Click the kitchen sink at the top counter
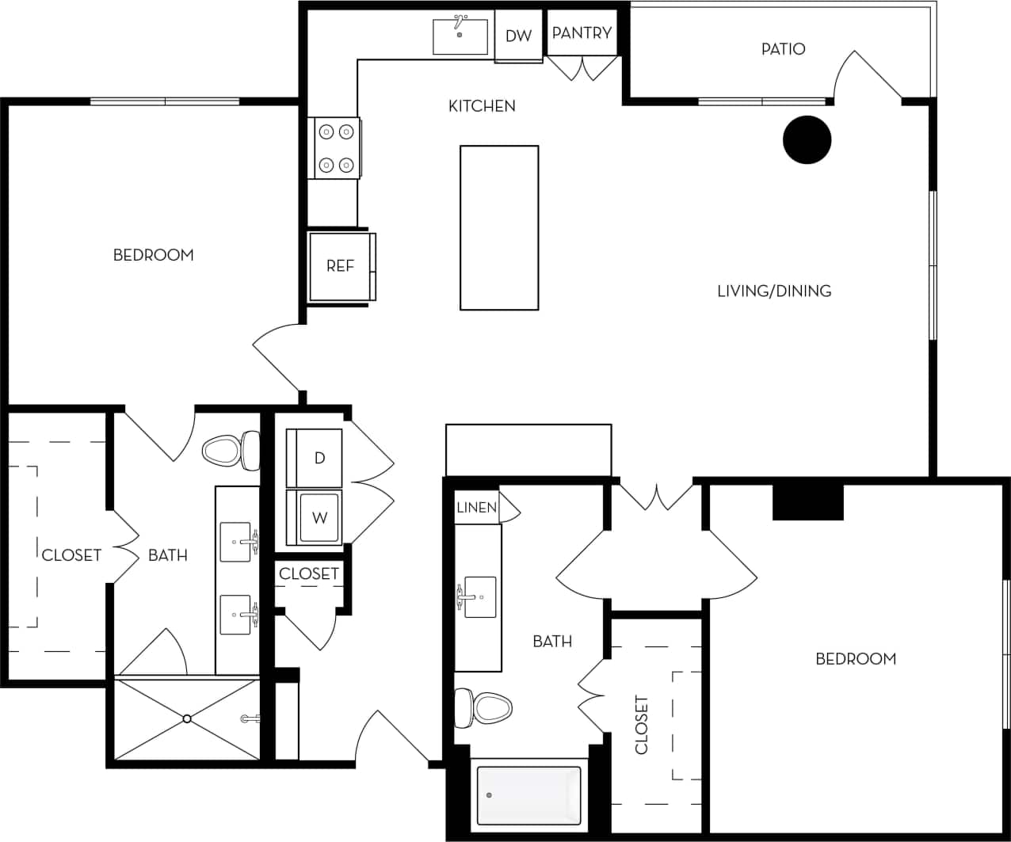460,36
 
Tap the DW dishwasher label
518,36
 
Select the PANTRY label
582,33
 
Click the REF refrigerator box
341,266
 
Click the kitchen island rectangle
499,227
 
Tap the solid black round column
807,140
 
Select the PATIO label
783,49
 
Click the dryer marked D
315,458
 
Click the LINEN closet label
476,508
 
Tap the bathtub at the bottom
528,794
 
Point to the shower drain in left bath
187,718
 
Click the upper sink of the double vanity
236,542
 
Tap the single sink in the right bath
479,596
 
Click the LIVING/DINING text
774,291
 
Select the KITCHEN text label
482,106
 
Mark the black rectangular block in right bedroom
807,502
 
